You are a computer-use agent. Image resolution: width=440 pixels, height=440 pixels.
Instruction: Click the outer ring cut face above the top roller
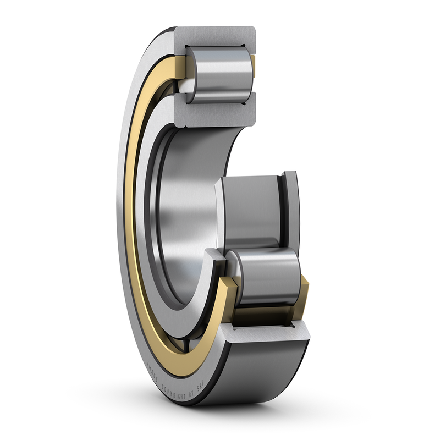(220, 37)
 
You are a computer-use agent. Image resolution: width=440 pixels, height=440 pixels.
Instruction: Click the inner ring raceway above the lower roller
(250, 212)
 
